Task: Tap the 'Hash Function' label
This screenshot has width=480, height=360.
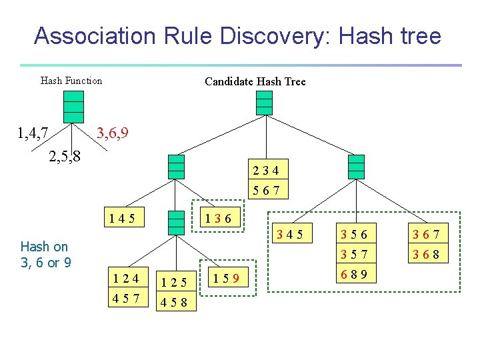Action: (71, 81)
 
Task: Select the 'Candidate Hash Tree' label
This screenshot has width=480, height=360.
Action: (255, 81)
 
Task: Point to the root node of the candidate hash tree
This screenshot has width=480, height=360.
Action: (265, 102)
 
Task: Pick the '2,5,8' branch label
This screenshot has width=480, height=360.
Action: (65, 157)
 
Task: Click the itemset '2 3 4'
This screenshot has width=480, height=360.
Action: (267, 170)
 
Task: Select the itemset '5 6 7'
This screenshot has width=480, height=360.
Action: (267, 191)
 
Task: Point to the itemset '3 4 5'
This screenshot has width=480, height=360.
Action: (290, 234)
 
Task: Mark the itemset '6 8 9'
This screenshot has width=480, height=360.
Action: (354, 274)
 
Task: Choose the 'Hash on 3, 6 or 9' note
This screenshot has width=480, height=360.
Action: (46, 255)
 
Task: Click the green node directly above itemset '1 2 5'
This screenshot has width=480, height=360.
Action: (176, 222)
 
